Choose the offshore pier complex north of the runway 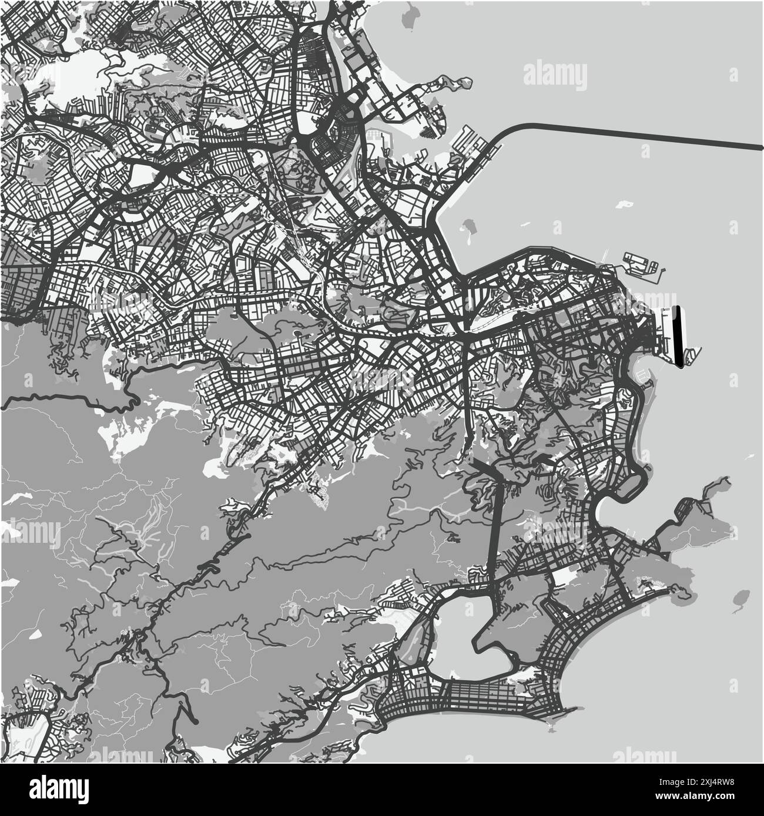[642, 264]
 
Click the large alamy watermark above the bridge [555, 75]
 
